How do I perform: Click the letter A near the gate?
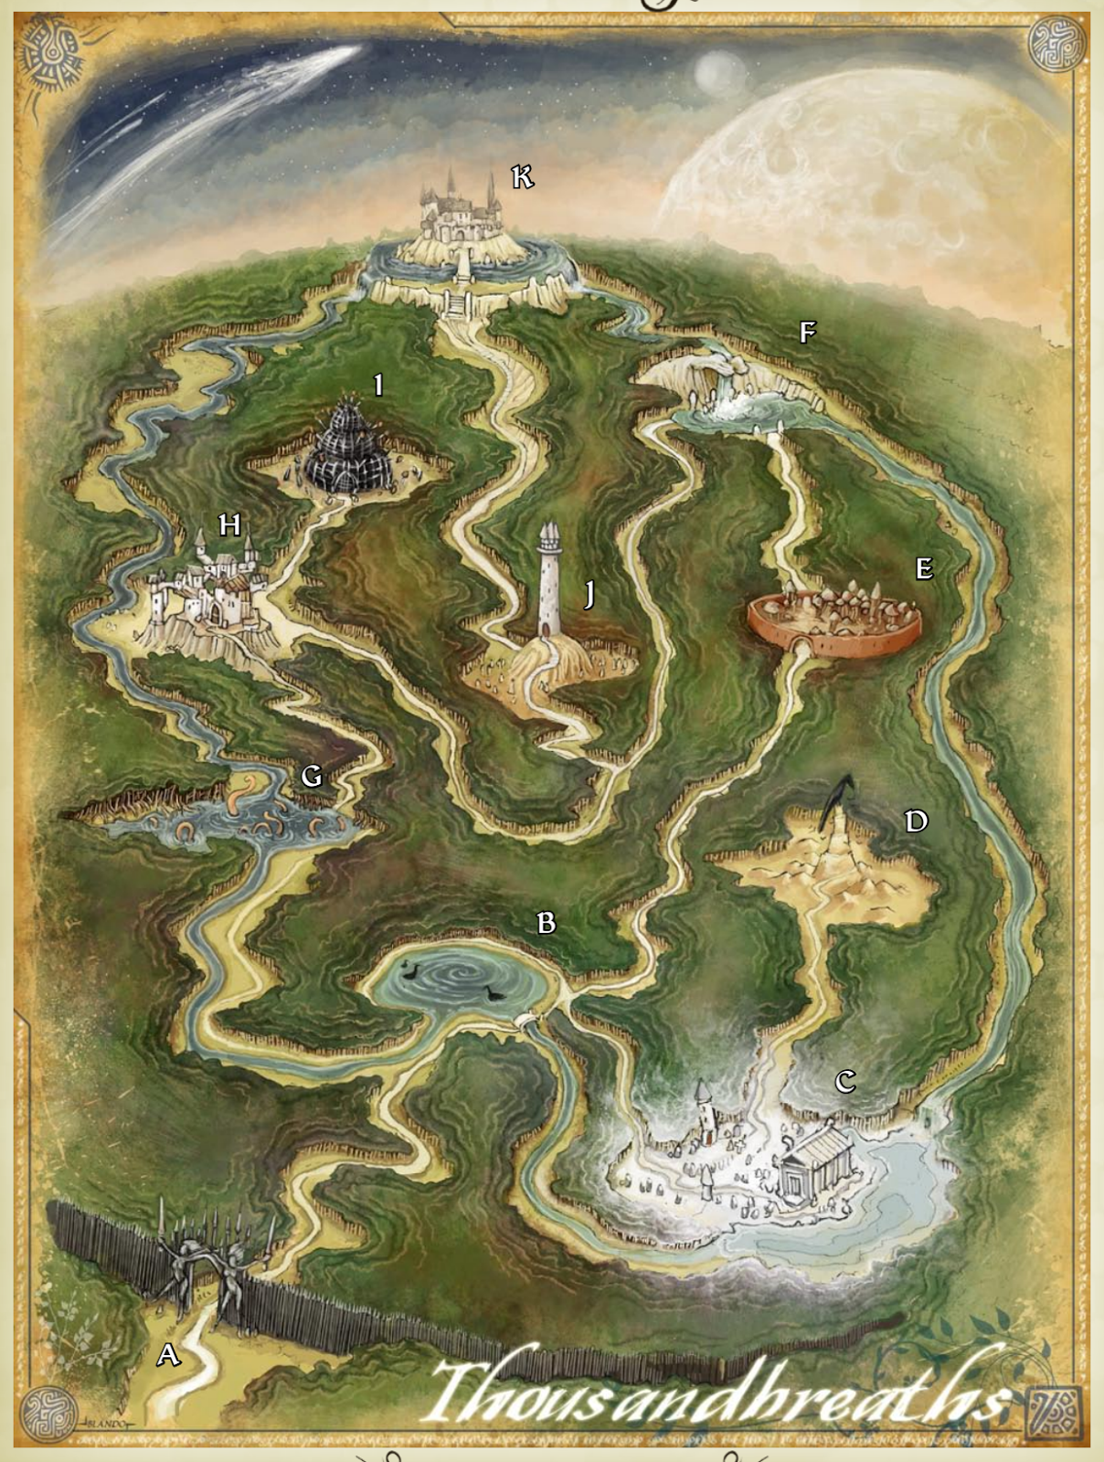pos(168,1354)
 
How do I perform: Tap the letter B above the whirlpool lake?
pos(547,923)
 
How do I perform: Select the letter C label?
pos(845,1082)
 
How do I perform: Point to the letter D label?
pos(916,821)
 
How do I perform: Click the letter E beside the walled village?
pos(924,568)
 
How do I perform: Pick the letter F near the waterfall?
pos(807,332)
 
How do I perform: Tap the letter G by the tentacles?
pos(312,776)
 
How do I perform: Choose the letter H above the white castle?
pos(229,524)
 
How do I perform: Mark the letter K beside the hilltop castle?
pos(522,176)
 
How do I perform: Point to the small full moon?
pos(719,71)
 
